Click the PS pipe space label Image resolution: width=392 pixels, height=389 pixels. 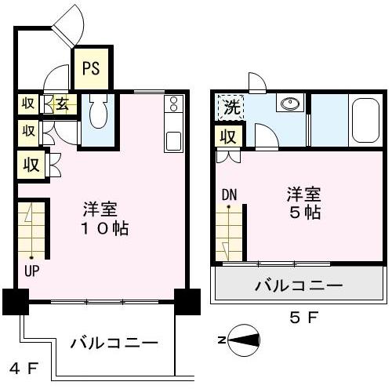[91, 68]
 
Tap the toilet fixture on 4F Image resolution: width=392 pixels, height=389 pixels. [98, 111]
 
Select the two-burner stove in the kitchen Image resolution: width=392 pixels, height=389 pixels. [173, 104]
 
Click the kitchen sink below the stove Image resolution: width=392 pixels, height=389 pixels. [173, 141]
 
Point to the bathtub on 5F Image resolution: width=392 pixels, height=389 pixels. [365, 120]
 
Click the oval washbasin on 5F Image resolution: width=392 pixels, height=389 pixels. [290, 104]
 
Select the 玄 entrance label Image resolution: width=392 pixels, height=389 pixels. [63, 104]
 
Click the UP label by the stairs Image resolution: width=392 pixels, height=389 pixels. [31, 271]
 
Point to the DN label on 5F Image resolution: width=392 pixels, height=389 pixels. [229, 194]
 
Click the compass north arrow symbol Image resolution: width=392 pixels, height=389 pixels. [244, 340]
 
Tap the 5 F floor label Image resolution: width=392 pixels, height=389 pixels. [303, 318]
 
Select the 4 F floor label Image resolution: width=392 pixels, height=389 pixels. [24, 369]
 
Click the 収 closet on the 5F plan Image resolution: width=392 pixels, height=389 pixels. [229, 136]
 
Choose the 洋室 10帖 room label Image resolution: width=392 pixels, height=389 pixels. [105, 219]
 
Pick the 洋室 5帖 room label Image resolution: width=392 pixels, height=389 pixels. [304, 203]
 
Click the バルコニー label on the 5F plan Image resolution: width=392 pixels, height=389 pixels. [299, 285]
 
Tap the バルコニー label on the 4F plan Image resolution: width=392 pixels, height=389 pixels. [114, 343]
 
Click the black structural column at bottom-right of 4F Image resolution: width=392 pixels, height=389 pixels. [187, 302]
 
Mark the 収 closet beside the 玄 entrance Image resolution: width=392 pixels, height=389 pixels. [28, 104]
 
